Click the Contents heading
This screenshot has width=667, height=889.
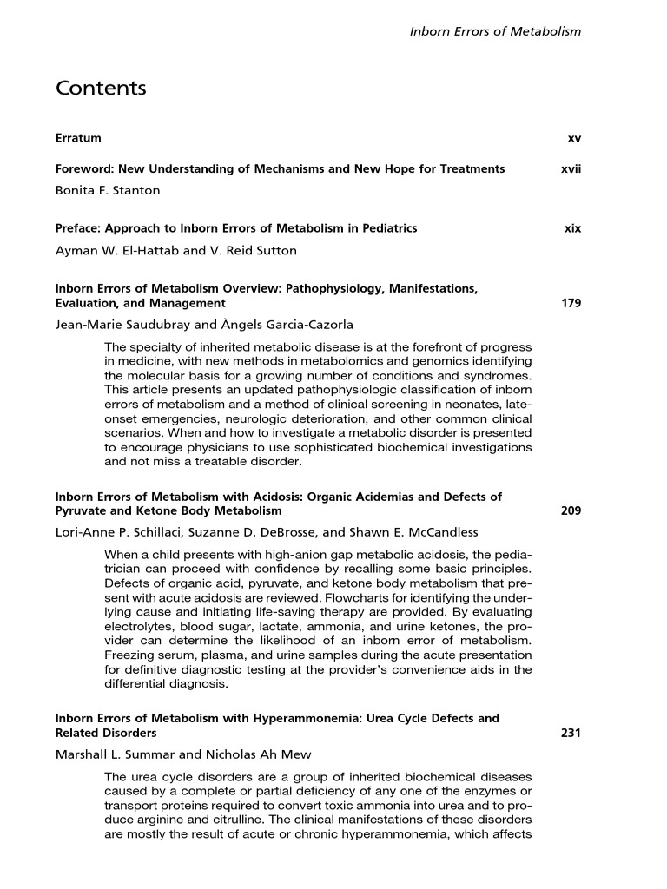(x=101, y=89)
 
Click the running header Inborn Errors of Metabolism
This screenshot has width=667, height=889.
(x=495, y=31)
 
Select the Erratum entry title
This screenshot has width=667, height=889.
(x=78, y=138)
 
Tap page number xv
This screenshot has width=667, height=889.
(x=574, y=138)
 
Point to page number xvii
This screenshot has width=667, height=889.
(x=571, y=168)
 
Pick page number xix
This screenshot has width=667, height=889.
(x=572, y=229)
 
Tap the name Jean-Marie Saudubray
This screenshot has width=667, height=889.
(x=113, y=326)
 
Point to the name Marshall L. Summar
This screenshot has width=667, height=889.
(x=108, y=754)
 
